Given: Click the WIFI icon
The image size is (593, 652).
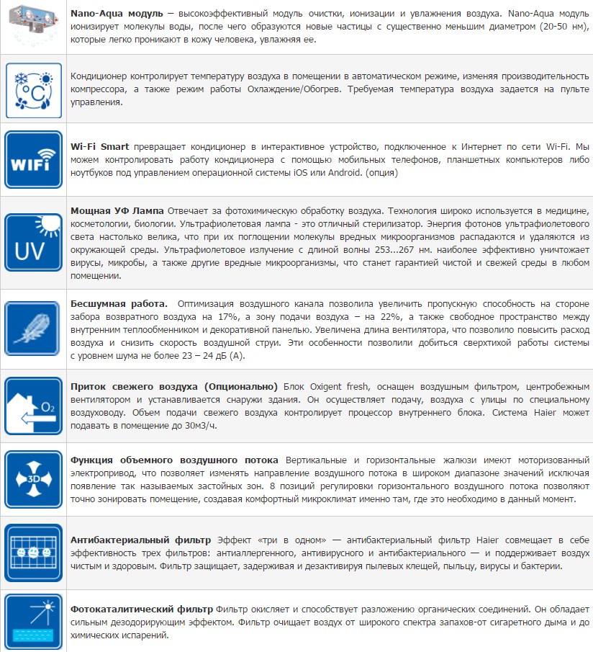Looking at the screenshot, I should tap(32, 160).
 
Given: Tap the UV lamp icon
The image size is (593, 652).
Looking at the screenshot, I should tap(32, 242).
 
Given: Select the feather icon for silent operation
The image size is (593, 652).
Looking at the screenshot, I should tap(32, 329).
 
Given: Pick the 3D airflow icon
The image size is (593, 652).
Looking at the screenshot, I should tap(32, 479).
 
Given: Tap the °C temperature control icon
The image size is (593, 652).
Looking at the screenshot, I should tap(32, 89).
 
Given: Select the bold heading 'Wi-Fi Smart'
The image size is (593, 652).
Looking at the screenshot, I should tap(100, 147).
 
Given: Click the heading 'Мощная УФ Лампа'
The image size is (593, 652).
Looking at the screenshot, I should tap(117, 210).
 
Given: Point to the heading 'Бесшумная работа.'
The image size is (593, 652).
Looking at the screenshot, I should tap(119, 303).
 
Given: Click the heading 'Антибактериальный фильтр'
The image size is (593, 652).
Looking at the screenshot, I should tap(140, 539).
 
